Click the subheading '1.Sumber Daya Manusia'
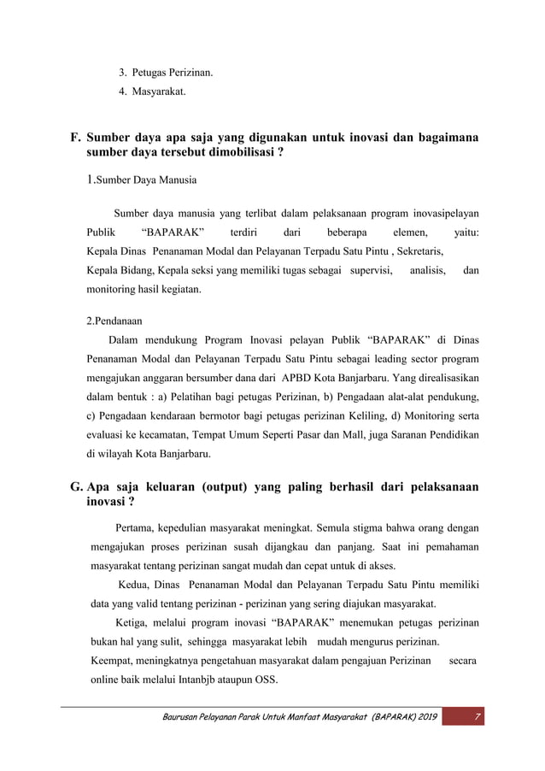[x=142, y=180]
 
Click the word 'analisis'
[x=427, y=271]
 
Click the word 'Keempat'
[x=112, y=662]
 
